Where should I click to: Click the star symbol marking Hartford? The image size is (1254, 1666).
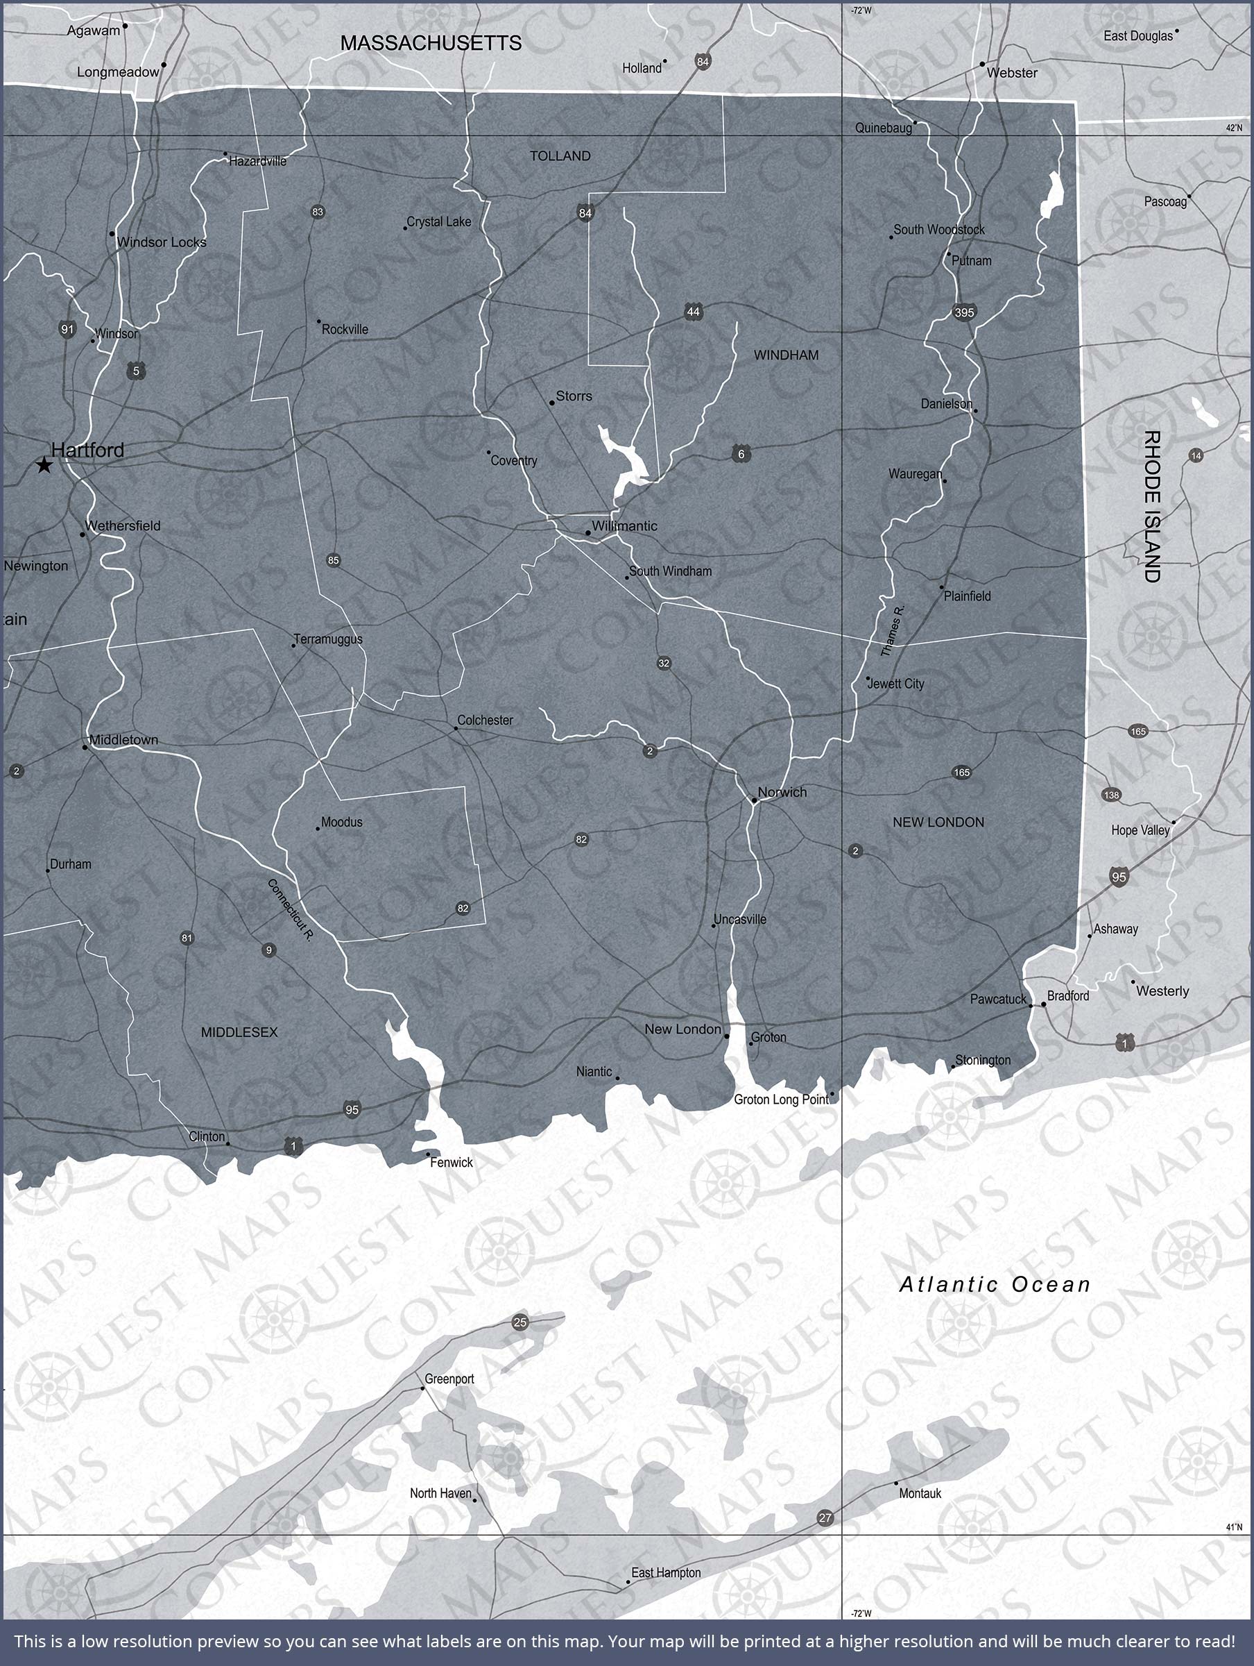pos(44,466)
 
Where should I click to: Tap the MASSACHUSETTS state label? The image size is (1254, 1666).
pos(431,44)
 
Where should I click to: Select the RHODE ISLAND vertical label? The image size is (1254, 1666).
pos(1151,506)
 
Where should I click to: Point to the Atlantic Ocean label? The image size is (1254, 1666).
pos(995,1284)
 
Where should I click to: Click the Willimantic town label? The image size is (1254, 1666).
pos(624,525)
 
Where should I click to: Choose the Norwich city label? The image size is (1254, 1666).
pos(782,791)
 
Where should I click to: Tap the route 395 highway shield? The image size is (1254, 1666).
pos(963,312)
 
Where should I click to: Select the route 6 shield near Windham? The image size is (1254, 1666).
pos(741,454)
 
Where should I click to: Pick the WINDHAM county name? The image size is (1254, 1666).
pos(786,355)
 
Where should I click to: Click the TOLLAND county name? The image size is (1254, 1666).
pos(560,156)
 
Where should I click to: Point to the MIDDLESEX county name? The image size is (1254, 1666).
pos(239,1032)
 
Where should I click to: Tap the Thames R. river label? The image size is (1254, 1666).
pos(893,630)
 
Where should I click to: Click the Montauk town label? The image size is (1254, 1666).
pos(920,1494)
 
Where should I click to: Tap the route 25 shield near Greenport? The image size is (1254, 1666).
pos(519,1322)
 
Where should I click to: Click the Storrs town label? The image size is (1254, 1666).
pos(574,396)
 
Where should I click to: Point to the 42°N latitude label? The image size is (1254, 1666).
pos(1234,128)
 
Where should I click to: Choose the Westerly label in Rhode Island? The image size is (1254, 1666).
pos(1162,991)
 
